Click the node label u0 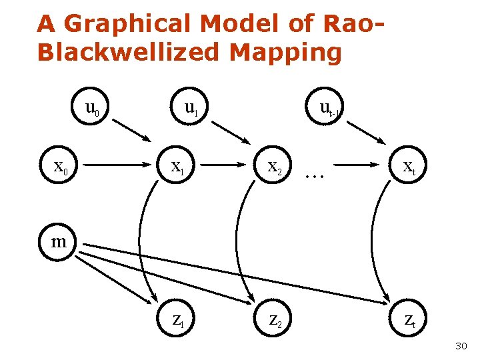tap(92, 107)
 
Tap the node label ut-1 tap(330, 108)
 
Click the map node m tap(59, 241)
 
